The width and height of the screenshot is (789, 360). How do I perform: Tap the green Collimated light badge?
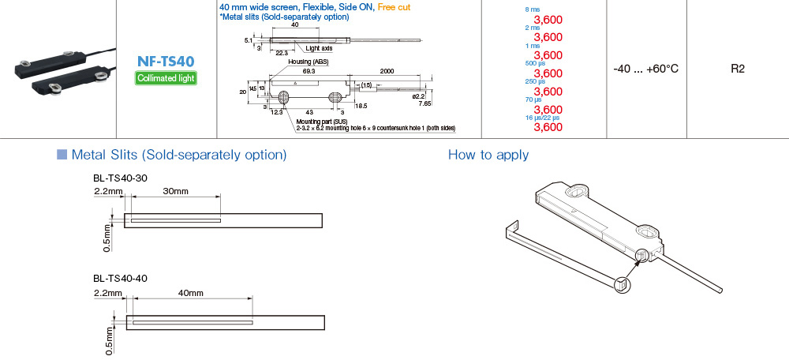pos(166,77)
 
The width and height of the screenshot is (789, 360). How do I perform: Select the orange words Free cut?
pos(394,6)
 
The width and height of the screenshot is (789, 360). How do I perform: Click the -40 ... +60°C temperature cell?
pos(645,69)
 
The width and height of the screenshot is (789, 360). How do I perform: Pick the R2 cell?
pos(738,69)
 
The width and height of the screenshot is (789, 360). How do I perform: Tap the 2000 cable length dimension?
pos(387,70)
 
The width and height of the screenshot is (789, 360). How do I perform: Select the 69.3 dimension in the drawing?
pos(308,70)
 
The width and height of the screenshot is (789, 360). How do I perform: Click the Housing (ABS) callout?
pos(308,62)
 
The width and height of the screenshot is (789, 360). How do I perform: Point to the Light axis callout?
pos(320,48)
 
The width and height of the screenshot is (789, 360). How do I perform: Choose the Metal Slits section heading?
pos(178,154)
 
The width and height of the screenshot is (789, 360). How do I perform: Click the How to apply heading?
pos(488,154)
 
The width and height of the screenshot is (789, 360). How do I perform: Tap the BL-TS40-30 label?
pos(120,178)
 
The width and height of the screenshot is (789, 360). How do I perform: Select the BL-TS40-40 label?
pos(120,278)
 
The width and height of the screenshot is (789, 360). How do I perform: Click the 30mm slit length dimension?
pos(175,191)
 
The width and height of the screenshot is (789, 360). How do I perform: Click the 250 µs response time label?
pos(534,81)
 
